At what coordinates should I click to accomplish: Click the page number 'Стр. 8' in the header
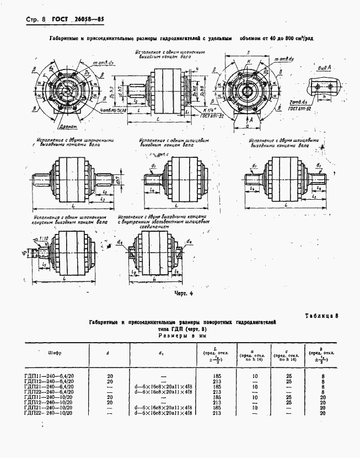point(36,20)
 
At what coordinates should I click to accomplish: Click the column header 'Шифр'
point(55,353)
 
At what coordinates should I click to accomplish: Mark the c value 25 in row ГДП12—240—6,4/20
point(288,381)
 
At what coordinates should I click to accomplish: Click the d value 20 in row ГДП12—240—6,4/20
point(110,381)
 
